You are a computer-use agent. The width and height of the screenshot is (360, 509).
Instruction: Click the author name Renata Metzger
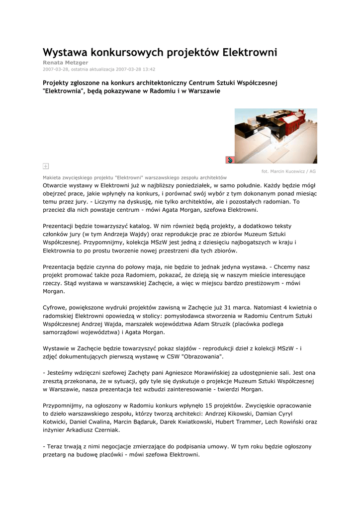pyautogui.click(x=65, y=63)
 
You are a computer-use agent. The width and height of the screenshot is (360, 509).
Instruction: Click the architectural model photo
pyautogui.click(x=275, y=135)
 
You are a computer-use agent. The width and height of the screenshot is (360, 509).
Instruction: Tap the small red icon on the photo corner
pyautogui.click(x=230, y=159)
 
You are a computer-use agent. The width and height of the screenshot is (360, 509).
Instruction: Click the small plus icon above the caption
pyautogui.click(x=46, y=166)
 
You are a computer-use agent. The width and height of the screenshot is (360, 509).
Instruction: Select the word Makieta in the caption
pyautogui.click(x=54, y=177)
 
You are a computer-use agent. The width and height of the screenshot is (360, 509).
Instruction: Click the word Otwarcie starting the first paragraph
pyautogui.click(x=57, y=185)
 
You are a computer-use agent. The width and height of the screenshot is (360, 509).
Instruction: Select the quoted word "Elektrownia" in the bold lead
pyautogui.click(x=65, y=91)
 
